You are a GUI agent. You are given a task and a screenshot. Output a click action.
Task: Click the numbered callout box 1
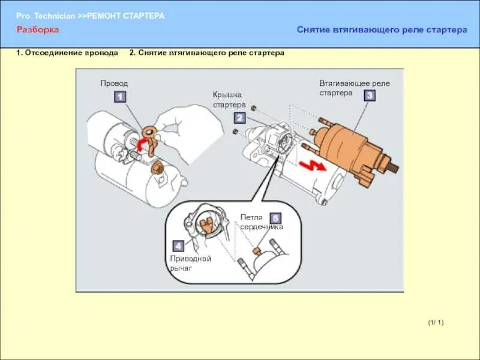click(x=119, y=96)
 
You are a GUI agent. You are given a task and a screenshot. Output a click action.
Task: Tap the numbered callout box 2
click(x=239, y=118)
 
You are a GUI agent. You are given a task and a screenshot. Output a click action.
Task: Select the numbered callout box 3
click(x=370, y=95)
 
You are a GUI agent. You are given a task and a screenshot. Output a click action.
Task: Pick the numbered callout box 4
click(x=178, y=245)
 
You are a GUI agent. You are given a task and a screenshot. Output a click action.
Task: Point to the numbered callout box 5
click(x=275, y=218)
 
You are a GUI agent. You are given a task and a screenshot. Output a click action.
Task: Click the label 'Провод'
click(x=114, y=83)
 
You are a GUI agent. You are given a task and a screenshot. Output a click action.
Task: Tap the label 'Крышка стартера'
click(x=229, y=100)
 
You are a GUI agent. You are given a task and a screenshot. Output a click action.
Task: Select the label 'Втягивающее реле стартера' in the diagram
click(x=355, y=88)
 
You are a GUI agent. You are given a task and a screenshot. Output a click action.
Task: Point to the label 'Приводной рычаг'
click(x=190, y=263)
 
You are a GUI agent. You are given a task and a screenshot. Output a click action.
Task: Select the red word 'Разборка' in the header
click(x=38, y=29)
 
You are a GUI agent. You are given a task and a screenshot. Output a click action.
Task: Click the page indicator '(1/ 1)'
click(x=436, y=323)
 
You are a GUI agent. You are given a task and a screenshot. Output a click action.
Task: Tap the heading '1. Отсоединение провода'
click(x=67, y=53)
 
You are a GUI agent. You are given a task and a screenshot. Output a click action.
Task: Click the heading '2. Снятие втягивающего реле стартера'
click(x=206, y=53)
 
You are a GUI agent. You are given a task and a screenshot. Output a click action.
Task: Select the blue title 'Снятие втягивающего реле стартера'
click(x=382, y=30)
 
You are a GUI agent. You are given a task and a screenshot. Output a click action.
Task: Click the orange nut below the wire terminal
click(x=158, y=167)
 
